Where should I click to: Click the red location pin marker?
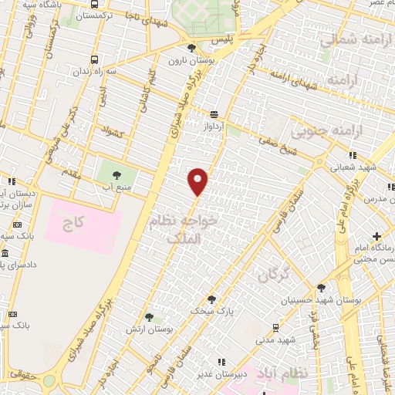click(198, 181)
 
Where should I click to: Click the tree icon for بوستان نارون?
click(191, 49)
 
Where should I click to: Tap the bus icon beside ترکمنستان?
click(94, 15)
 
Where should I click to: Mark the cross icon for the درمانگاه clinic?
click(376, 236)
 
